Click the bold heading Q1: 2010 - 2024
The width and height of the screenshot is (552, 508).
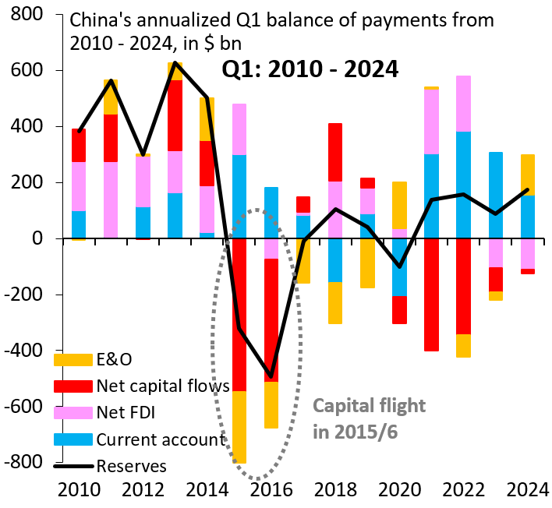click(310, 69)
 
